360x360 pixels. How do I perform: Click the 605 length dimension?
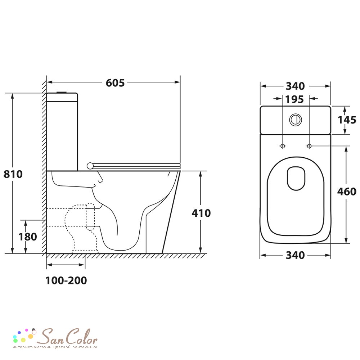(x=115, y=83)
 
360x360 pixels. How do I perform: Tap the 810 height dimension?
(x=13, y=174)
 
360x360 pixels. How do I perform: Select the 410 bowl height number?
(x=201, y=213)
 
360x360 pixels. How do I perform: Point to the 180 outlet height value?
(x=28, y=237)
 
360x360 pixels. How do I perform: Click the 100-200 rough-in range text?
(x=66, y=280)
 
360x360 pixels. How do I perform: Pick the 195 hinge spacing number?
(x=294, y=99)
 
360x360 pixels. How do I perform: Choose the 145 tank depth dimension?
(x=347, y=120)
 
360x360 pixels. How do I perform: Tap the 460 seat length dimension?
(x=347, y=192)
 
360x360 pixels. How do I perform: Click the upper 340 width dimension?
(x=295, y=86)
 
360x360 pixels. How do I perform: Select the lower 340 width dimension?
(x=295, y=255)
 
